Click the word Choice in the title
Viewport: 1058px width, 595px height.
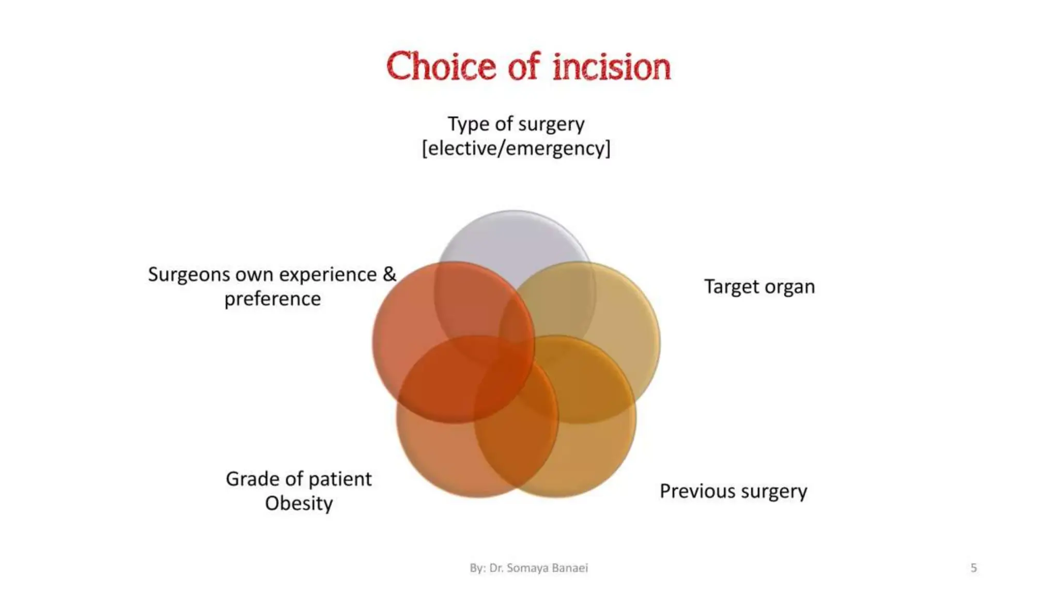[441, 67]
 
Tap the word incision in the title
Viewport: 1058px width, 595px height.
[611, 67]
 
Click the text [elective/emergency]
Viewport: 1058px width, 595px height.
[516, 148]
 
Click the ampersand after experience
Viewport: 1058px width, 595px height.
[389, 274]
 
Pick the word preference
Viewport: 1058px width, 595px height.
[272, 299]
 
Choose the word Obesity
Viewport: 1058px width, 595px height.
[299, 504]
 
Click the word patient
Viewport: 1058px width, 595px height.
[340, 479]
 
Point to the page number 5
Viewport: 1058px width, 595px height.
[973, 568]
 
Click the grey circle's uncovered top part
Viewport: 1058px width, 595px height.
[514, 238]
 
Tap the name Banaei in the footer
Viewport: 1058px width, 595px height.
[570, 568]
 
